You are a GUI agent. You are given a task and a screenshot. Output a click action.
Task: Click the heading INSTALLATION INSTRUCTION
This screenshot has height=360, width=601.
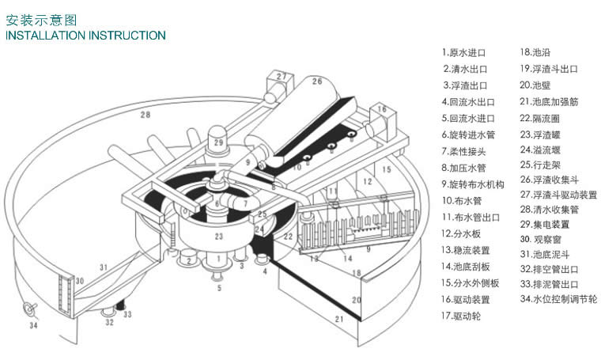85,36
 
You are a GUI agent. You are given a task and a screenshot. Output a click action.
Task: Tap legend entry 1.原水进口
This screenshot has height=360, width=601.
464,53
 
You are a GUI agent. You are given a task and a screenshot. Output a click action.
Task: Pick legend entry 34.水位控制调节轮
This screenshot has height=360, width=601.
559,299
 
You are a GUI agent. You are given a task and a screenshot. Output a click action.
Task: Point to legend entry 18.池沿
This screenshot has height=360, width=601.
535,52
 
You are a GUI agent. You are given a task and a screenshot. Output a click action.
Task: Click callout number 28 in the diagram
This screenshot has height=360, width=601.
145,116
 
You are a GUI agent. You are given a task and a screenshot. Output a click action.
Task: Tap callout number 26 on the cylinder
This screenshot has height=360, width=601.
316,81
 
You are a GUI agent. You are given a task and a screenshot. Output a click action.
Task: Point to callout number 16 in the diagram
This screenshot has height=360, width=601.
381,109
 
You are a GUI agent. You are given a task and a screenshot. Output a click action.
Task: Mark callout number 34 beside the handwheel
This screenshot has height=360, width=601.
32,324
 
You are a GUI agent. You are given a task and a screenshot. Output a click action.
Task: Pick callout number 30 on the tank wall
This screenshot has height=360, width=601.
79,281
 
